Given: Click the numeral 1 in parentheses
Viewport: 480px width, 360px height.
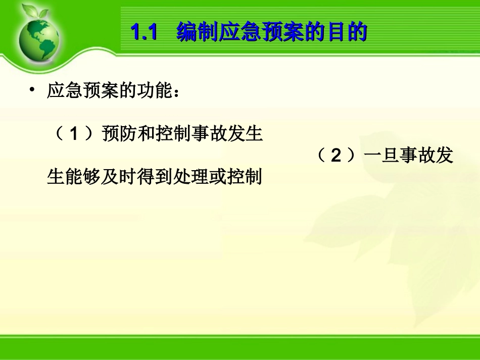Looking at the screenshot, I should tap(74, 134).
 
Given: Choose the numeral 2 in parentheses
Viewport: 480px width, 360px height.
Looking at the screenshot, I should tap(336, 156).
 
